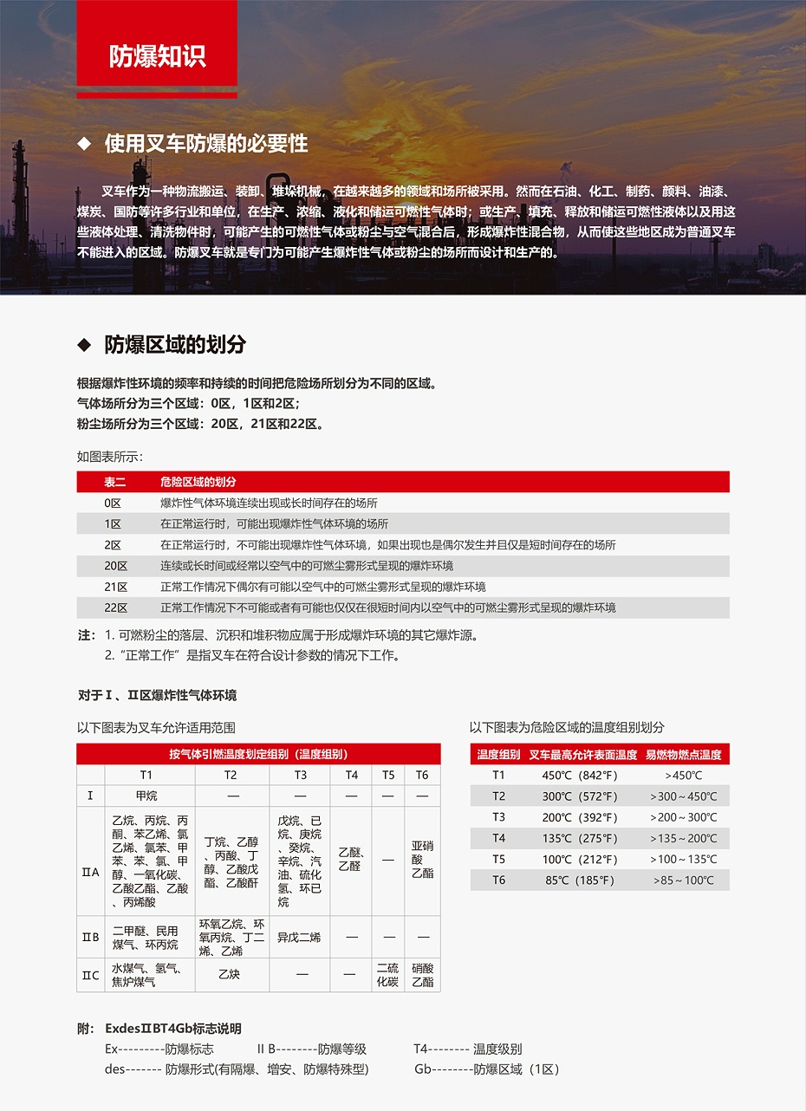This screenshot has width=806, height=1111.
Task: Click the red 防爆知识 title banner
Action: click(x=157, y=55)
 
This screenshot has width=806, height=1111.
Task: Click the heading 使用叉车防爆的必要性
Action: click(x=205, y=143)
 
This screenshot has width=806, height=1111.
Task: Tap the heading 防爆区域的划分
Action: click(x=175, y=344)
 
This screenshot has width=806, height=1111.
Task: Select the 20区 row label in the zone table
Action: click(x=115, y=566)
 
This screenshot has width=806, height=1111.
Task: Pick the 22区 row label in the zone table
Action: click(x=115, y=607)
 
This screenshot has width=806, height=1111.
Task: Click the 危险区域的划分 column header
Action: click(x=198, y=482)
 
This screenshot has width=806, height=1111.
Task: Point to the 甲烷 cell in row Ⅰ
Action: click(x=146, y=796)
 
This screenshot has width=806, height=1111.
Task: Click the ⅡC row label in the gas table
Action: click(x=90, y=975)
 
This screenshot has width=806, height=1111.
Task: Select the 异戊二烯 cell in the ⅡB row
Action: click(x=299, y=937)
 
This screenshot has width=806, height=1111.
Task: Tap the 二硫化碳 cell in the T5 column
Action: click(x=387, y=975)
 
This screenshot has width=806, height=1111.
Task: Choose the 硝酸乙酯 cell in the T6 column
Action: click(x=422, y=975)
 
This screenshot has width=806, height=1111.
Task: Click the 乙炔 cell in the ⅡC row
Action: click(x=230, y=975)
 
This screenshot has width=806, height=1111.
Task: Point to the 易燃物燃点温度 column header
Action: click(x=683, y=755)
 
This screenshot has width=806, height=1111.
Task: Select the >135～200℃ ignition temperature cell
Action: click(x=683, y=838)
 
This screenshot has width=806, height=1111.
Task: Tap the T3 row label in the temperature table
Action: click(x=498, y=817)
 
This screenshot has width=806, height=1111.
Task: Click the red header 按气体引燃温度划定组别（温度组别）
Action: click(x=258, y=754)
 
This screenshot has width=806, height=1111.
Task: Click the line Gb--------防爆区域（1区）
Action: click(x=486, y=1069)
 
